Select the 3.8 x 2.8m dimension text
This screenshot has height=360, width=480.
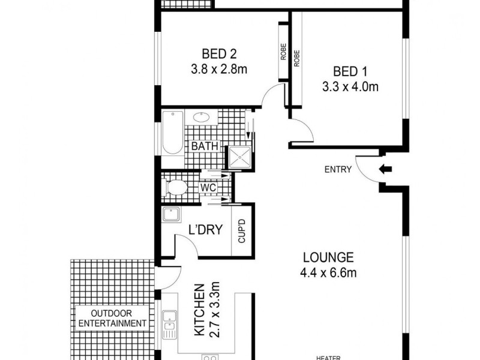[x=217, y=69]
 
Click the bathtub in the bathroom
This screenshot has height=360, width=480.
[x=172, y=134]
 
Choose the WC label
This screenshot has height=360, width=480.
[x=208, y=188]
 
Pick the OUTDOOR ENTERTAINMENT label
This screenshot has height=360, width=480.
[x=112, y=318]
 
